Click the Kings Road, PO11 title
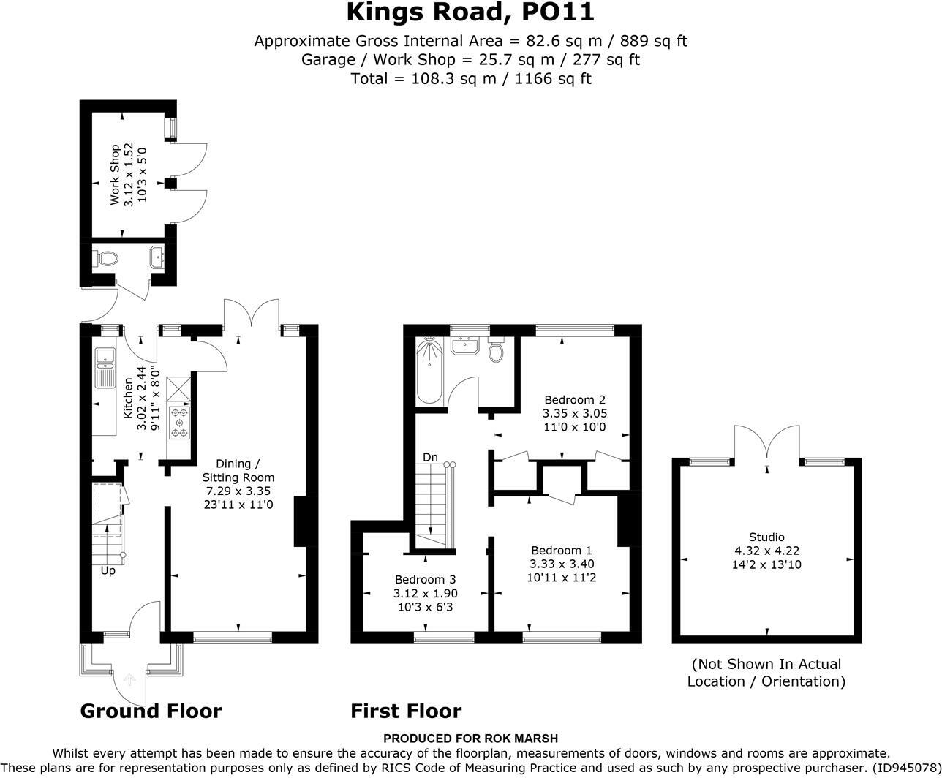[x=470, y=12]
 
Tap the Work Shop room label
[x=115, y=175]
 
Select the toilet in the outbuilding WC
[x=105, y=258]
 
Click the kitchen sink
[x=105, y=368]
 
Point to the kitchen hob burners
[x=180, y=422]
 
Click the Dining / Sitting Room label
[x=238, y=470]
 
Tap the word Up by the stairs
[x=108, y=571]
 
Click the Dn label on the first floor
[x=430, y=457]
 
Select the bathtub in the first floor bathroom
[x=429, y=372]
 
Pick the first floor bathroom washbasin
[x=465, y=345]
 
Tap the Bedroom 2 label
[x=575, y=399]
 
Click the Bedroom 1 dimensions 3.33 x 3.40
[x=562, y=564]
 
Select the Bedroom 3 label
[x=426, y=580]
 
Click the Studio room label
[x=766, y=537]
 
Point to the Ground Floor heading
[x=151, y=711]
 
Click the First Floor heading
[x=406, y=711]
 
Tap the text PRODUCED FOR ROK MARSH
[x=470, y=739]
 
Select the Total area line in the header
[x=471, y=79]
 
